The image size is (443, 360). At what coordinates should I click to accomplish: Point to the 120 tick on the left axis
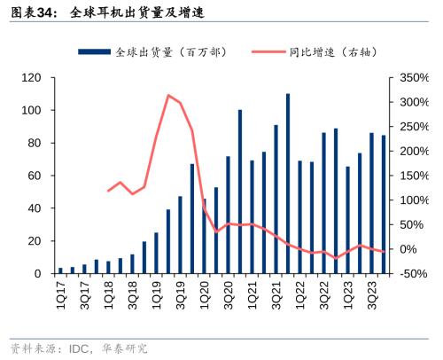(x=32, y=78)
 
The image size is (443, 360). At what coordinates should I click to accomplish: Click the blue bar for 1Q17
(x=61, y=270)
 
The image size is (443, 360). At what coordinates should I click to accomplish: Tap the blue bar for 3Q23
(x=372, y=204)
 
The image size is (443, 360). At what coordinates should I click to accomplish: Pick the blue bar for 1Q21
(x=253, y=217)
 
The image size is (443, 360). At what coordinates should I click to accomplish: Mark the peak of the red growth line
(x=168, y=95)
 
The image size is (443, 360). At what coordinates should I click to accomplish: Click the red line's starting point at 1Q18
(x=109, y=191)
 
